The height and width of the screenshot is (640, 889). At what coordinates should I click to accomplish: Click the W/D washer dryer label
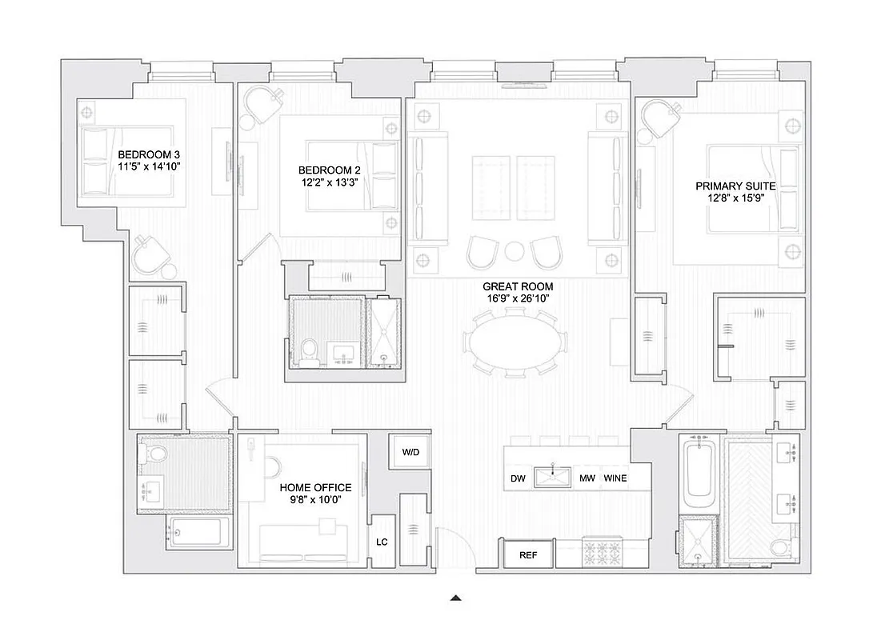[410, 452]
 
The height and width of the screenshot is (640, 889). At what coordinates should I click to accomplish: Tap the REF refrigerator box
[527, 554]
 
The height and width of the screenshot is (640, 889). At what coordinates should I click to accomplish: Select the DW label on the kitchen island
[518, 479]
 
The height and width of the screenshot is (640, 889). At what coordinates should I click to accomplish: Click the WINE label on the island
[615, 479]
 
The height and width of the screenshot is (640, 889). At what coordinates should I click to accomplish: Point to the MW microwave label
[587, 479]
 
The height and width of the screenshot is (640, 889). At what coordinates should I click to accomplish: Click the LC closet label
[382, 542]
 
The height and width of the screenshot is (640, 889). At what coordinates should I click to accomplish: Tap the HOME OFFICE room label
[315, 487]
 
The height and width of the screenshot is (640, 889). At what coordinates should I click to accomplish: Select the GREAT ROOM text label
[518, 286]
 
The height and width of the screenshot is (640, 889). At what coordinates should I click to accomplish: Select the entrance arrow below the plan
[456, 597]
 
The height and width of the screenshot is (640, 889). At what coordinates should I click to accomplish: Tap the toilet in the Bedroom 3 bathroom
[156, 454]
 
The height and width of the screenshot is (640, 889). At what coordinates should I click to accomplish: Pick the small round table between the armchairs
[515, 251]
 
